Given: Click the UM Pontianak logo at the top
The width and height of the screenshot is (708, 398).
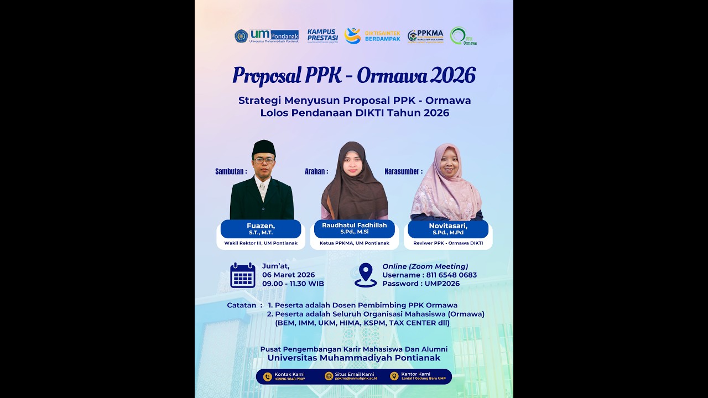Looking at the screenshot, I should pos(266,36).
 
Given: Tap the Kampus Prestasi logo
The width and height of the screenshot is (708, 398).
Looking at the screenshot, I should pos(322,36).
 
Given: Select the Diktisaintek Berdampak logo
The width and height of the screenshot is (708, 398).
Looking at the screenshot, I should pos(372,36).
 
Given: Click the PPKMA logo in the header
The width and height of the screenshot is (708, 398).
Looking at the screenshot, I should pos(425,36).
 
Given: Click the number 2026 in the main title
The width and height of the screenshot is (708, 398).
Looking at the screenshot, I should pos(452,76).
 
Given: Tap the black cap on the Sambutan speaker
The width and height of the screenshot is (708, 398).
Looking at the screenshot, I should pos(263,148).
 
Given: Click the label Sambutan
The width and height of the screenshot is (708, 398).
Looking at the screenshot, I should pos(231,171).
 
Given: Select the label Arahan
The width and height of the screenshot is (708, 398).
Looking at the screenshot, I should pos(316,171).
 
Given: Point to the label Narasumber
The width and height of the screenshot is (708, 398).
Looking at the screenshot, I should pos(403,171).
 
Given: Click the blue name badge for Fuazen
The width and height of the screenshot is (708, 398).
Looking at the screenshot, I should pos(261,229).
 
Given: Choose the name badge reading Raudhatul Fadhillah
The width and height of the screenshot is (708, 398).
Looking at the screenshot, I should pos(355,228).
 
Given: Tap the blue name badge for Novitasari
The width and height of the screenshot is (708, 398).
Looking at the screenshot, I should pos(448,229).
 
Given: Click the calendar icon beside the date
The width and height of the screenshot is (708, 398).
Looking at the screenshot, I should pos(243,275).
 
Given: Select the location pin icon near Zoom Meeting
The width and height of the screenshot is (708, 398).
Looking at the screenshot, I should pos(366,275).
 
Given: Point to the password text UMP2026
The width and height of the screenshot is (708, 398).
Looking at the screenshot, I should pos(442,284).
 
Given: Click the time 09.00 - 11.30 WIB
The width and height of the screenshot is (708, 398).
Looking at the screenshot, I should pos(293,284).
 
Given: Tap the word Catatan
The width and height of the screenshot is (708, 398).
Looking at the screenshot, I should pos(242,305).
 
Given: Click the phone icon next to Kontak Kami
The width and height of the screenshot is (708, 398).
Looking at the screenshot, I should pos(268,376).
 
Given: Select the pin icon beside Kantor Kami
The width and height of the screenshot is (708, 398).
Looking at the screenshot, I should pos(394,376).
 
